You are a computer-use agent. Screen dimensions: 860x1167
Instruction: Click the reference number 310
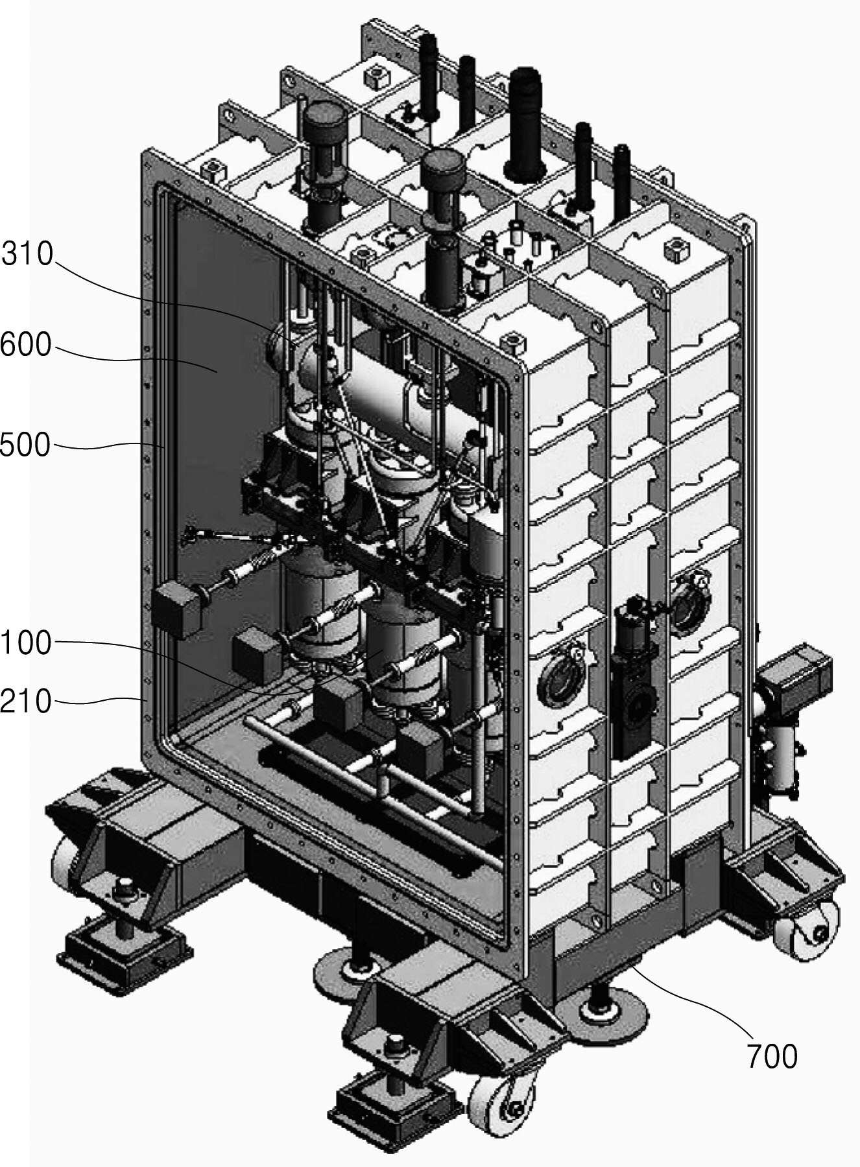[27, 253]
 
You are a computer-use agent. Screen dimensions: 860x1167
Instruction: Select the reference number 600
[26, 345]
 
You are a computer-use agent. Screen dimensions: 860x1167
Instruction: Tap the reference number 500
[25, 445]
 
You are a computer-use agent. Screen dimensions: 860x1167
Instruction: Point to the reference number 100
[26, 643]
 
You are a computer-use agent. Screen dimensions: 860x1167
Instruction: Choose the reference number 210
[26, 701]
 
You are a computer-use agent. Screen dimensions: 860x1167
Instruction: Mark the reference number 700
[772, 1057]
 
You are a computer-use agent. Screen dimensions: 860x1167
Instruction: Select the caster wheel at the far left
[66, 868]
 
